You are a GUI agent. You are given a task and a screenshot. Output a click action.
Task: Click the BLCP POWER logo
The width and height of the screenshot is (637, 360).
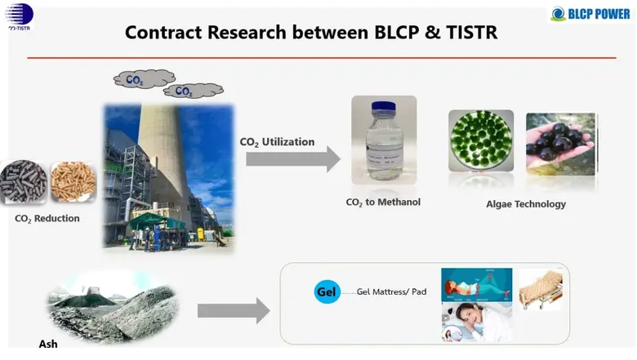click(x=590, y=13)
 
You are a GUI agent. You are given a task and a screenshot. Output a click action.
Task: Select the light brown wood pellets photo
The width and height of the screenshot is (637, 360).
click(x=73, y=182)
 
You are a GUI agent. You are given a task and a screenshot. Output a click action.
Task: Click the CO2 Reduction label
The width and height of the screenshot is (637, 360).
click(x=47, y=219)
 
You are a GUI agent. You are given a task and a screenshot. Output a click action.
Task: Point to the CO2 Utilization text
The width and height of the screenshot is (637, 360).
click(x=277, y=142)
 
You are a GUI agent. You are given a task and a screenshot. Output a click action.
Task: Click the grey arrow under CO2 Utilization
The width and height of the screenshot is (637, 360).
click(x=292, y=158)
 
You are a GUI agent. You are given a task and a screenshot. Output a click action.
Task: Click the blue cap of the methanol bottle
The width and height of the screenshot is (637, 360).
click(x=384, y=108)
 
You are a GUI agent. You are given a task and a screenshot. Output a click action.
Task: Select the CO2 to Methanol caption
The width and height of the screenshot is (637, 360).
click(x=384, y=202)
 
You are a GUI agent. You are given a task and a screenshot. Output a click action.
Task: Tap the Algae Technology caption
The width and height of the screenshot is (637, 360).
click(x=521, y=204)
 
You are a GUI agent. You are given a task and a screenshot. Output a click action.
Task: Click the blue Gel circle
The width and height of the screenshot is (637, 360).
click(x=327, y=291)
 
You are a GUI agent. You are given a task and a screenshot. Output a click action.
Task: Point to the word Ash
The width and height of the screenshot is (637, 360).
click(x=48, y=344)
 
